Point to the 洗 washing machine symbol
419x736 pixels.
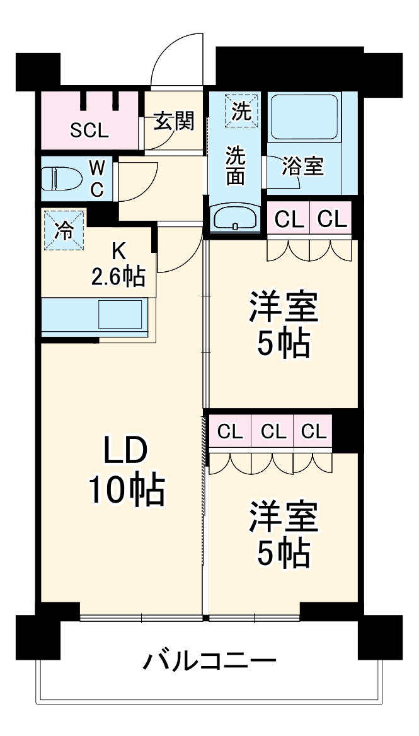pos(242,112)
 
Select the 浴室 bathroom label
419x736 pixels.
pos(303,166)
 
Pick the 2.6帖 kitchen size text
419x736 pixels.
pos(119,276)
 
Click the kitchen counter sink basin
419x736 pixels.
pos(120,313)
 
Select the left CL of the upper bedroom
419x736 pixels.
pos(288,219)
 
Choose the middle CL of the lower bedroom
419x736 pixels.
pos(273,432)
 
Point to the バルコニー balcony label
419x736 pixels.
pos(210,662)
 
